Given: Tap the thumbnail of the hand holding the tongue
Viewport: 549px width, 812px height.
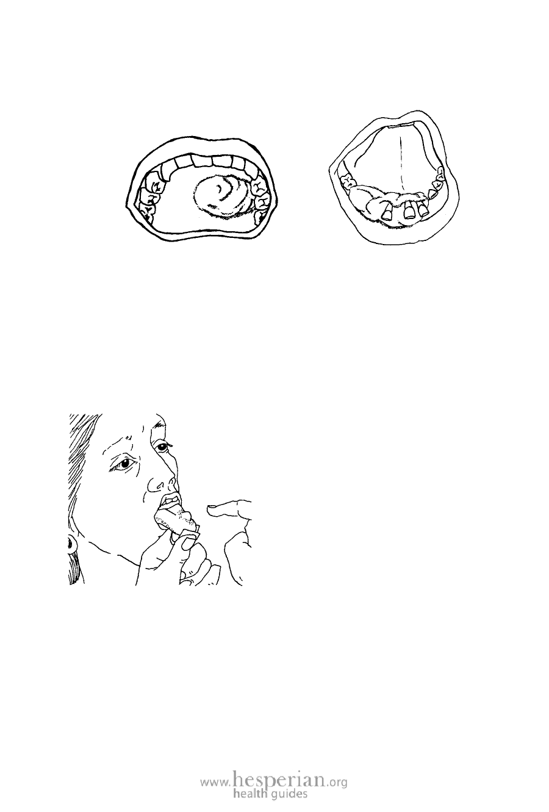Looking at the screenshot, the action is point(188,543).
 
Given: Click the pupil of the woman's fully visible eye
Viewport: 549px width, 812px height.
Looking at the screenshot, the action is point(126,464).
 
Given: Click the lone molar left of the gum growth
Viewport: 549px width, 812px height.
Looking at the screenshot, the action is point(348,181).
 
